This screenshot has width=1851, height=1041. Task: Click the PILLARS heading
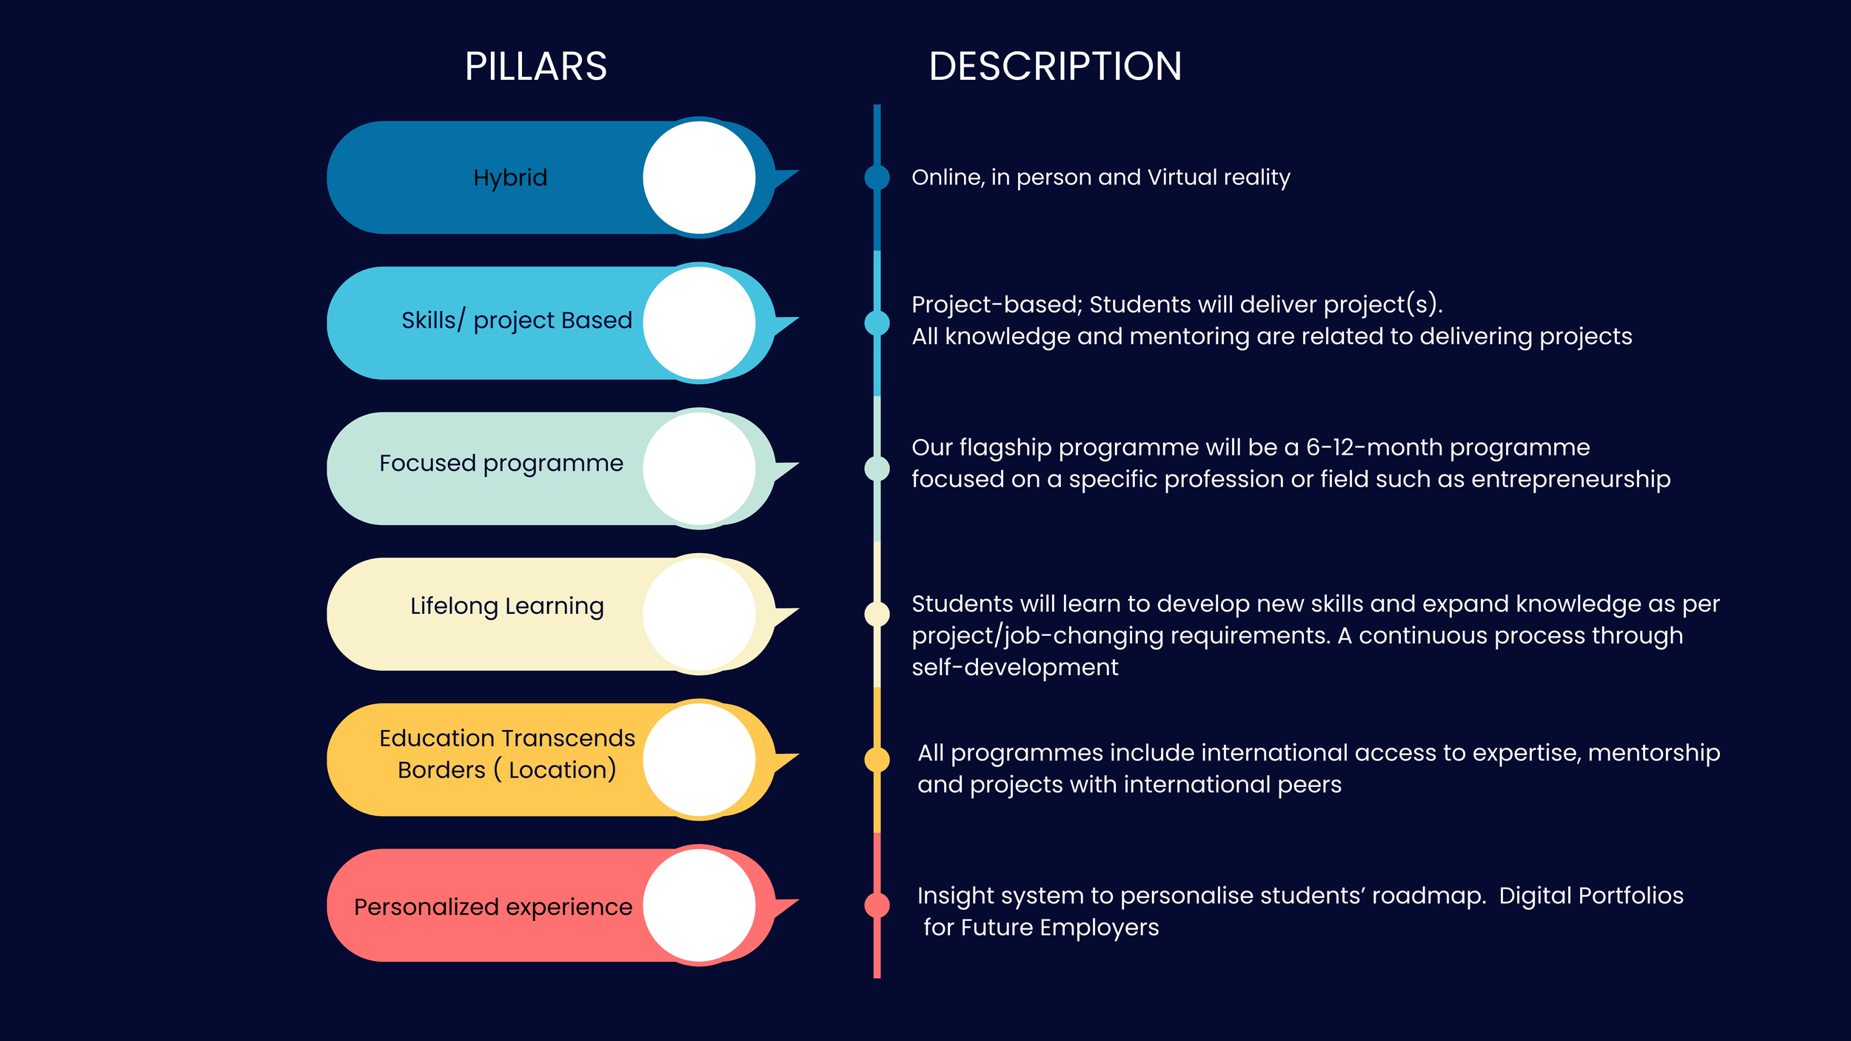coord(535,67)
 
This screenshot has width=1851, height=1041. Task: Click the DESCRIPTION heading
coord(1055,67)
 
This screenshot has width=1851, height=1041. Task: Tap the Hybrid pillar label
coord(510,178)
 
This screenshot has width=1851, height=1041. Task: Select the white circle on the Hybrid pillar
coord(699,178)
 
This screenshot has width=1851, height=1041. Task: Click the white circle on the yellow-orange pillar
coord(699,760)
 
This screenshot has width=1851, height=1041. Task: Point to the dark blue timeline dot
coord(877,178)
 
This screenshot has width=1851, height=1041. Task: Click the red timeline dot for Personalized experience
coord(877,905)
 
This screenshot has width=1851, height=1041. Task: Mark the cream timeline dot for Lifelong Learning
coord(877,614)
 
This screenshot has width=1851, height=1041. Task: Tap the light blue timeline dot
coord(877,323)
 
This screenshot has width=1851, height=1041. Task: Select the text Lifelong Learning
coord(507,606)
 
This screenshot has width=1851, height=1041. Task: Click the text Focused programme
coord(501,463)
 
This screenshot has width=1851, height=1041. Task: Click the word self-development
coord(1014,668)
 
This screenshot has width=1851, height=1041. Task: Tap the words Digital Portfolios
coord(1591,896)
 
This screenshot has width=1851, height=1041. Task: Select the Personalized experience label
coord(493,907)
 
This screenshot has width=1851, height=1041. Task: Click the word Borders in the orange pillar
coord(441,771)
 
